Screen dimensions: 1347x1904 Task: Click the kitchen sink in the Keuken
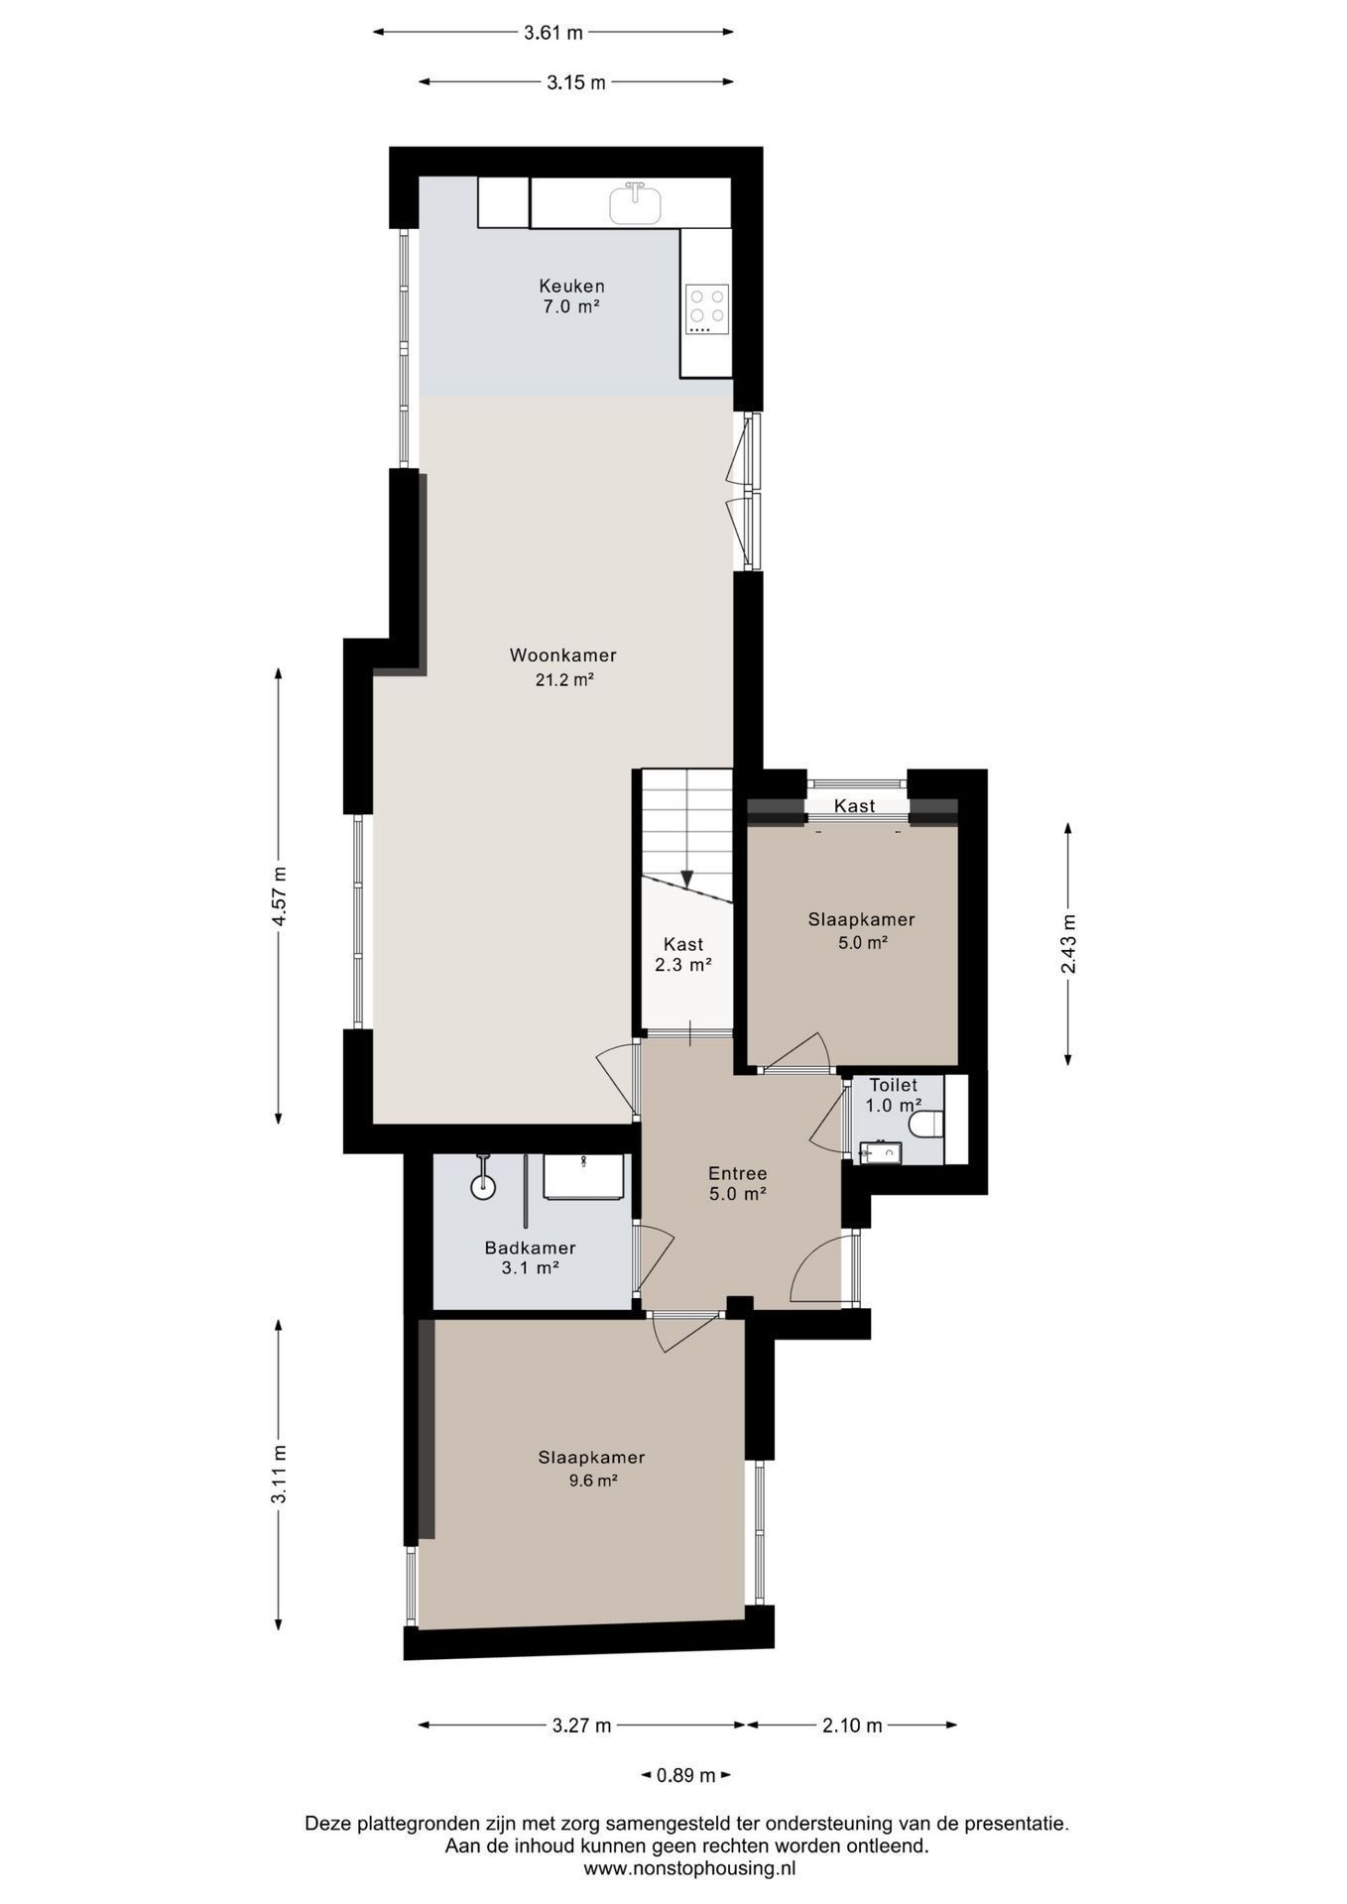tap(636, 203)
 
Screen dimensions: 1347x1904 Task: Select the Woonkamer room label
tap(562, 655)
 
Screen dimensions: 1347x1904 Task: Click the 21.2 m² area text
tap(563, 680)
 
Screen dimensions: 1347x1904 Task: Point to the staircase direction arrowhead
tap(686, 880)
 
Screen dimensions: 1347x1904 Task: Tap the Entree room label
tap(737, 1174)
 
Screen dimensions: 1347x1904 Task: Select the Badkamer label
tap(530, 1249)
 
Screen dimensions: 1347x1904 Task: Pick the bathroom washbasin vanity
tap(584, 1176)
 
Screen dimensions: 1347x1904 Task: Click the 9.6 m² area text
tap(592, 1482)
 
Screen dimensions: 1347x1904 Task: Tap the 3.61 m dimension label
tap(553, 33)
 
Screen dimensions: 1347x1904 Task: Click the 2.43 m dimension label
tap(1069, 943)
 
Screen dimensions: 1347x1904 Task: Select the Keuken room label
tap(571, 287)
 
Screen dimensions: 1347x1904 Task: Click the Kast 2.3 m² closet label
tap(683, 954)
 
